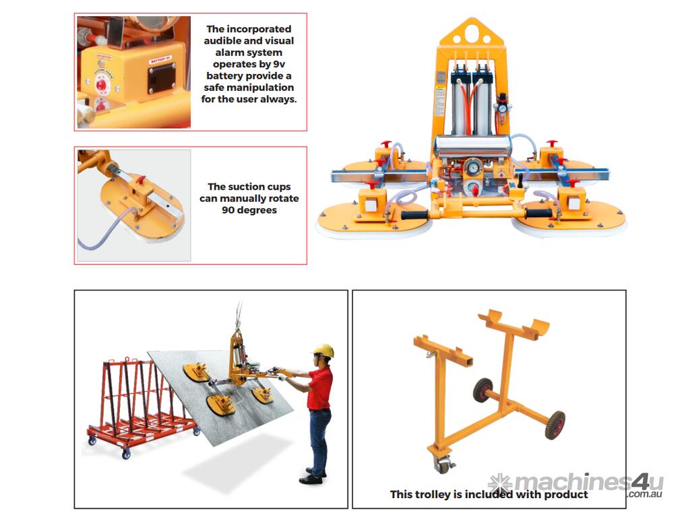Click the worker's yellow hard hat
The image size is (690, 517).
pos(324,350)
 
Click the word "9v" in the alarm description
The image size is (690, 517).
pos(279,64)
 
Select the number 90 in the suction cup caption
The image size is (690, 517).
pos(228,210)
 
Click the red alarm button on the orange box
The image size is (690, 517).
pos(102,84)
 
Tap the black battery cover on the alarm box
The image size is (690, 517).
pos(162,78)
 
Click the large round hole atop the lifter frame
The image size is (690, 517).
pos(472,32)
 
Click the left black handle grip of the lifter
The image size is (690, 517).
pos(414,215)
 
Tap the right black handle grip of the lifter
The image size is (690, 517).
pos(536,213)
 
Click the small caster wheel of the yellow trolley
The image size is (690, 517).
pos(442,465)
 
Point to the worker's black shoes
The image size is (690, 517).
pos(313,477)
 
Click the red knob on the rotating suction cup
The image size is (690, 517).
pos(140,180)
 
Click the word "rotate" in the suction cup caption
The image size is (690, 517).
pos(281,199)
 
